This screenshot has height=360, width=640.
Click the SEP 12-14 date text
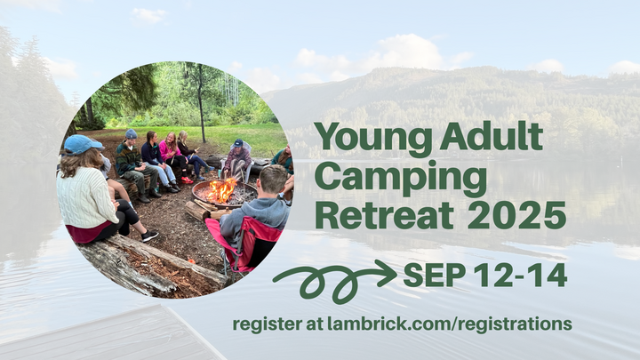[x=484, y=276]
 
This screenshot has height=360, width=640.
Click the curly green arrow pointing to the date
[x=333, y=278]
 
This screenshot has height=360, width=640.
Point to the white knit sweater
[x=86, y=196]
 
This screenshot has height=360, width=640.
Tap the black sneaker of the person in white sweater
[x=148, y=236]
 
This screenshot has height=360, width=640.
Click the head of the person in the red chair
[x=274, y=179]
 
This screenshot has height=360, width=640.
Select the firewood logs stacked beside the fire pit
[x=196, y=212]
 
